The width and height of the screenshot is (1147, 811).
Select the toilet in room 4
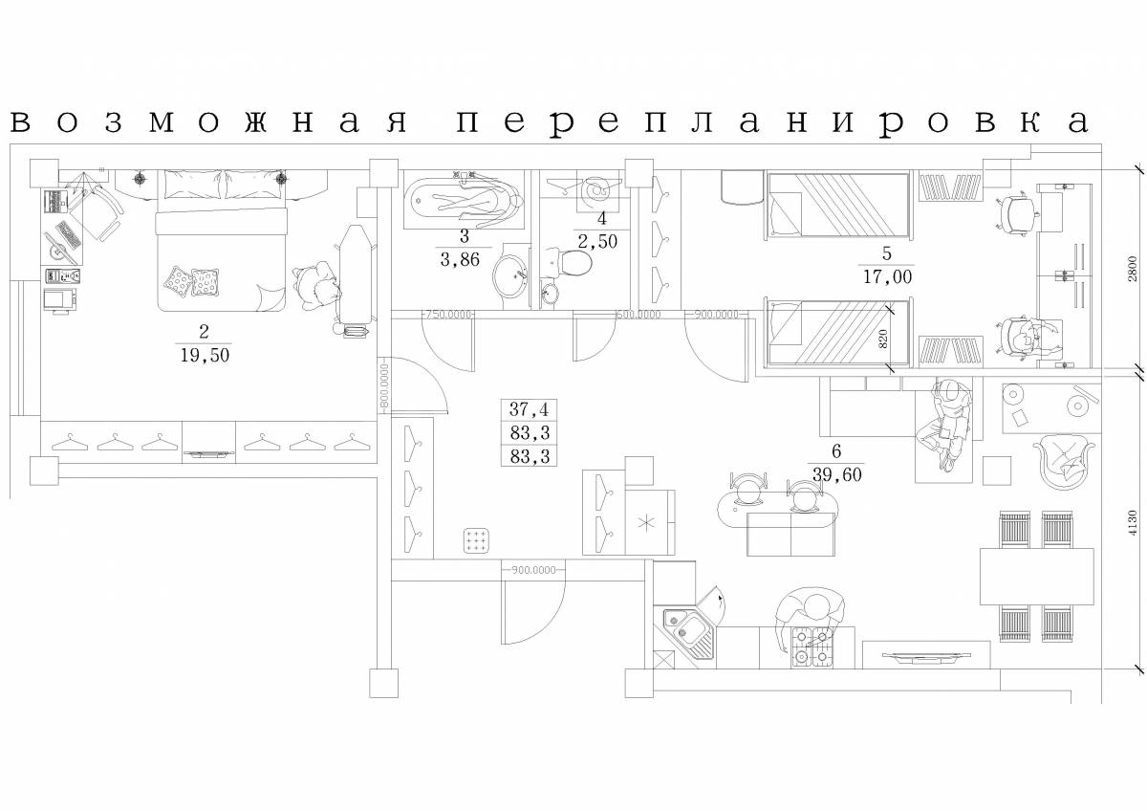(x=571, y=261)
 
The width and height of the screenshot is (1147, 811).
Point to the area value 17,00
(x=886, y=277)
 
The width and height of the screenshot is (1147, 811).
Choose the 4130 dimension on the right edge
(x=1132, y=522)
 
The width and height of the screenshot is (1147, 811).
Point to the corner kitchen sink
(x=690, y=628)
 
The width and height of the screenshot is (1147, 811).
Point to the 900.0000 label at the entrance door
(x=532, y=570)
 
